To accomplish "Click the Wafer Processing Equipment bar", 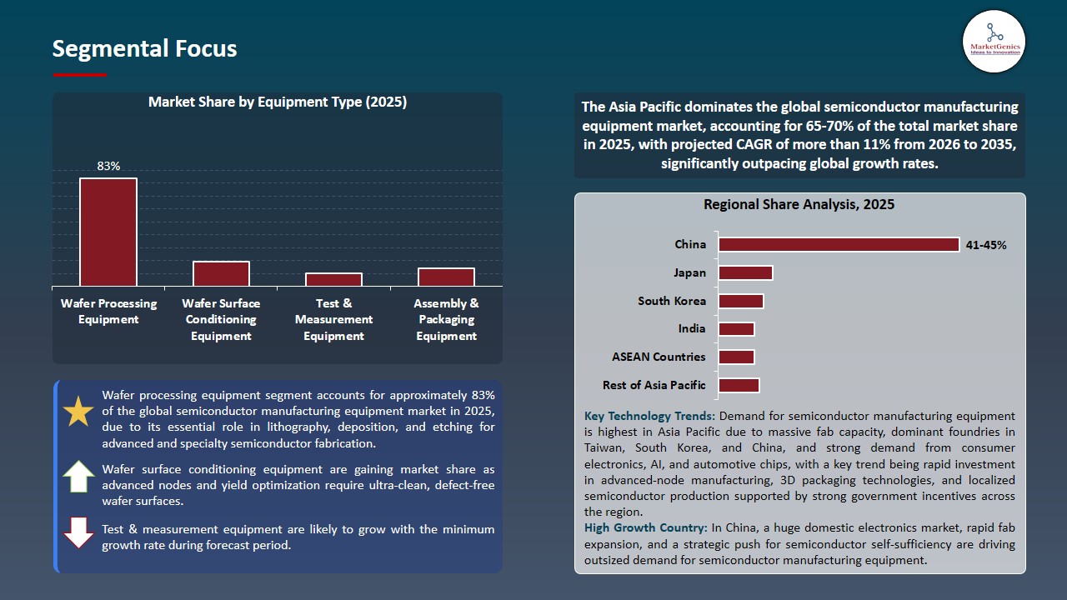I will click(x=108, y=232).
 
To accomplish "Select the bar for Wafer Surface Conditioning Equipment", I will click(x=221, y=274).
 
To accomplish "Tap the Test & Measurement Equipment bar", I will click(x=333, y=280).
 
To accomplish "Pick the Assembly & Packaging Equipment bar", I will click(x=446, y=277).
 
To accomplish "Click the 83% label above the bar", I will click(x=108, y=166).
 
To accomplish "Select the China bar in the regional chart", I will click(x=839, y=245).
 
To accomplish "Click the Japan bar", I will click(x=745, y=273).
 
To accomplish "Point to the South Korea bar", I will click(x=741, y=301).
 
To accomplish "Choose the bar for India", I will click(x=736, y=329).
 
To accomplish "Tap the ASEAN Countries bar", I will click(x=736, y=357).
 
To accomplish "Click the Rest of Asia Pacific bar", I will click(x=739, y=385).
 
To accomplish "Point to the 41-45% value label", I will click(x=986, y=245).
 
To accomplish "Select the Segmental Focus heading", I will click(x=144, y=48).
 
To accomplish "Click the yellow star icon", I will click(x=79, y=412).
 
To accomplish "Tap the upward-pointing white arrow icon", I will click(x=79, y=477).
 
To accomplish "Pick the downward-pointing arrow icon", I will click(x=79, y=533).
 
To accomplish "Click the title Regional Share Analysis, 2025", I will click(x=799, y=204).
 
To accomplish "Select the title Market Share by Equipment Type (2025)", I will click(x=278, y=102).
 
